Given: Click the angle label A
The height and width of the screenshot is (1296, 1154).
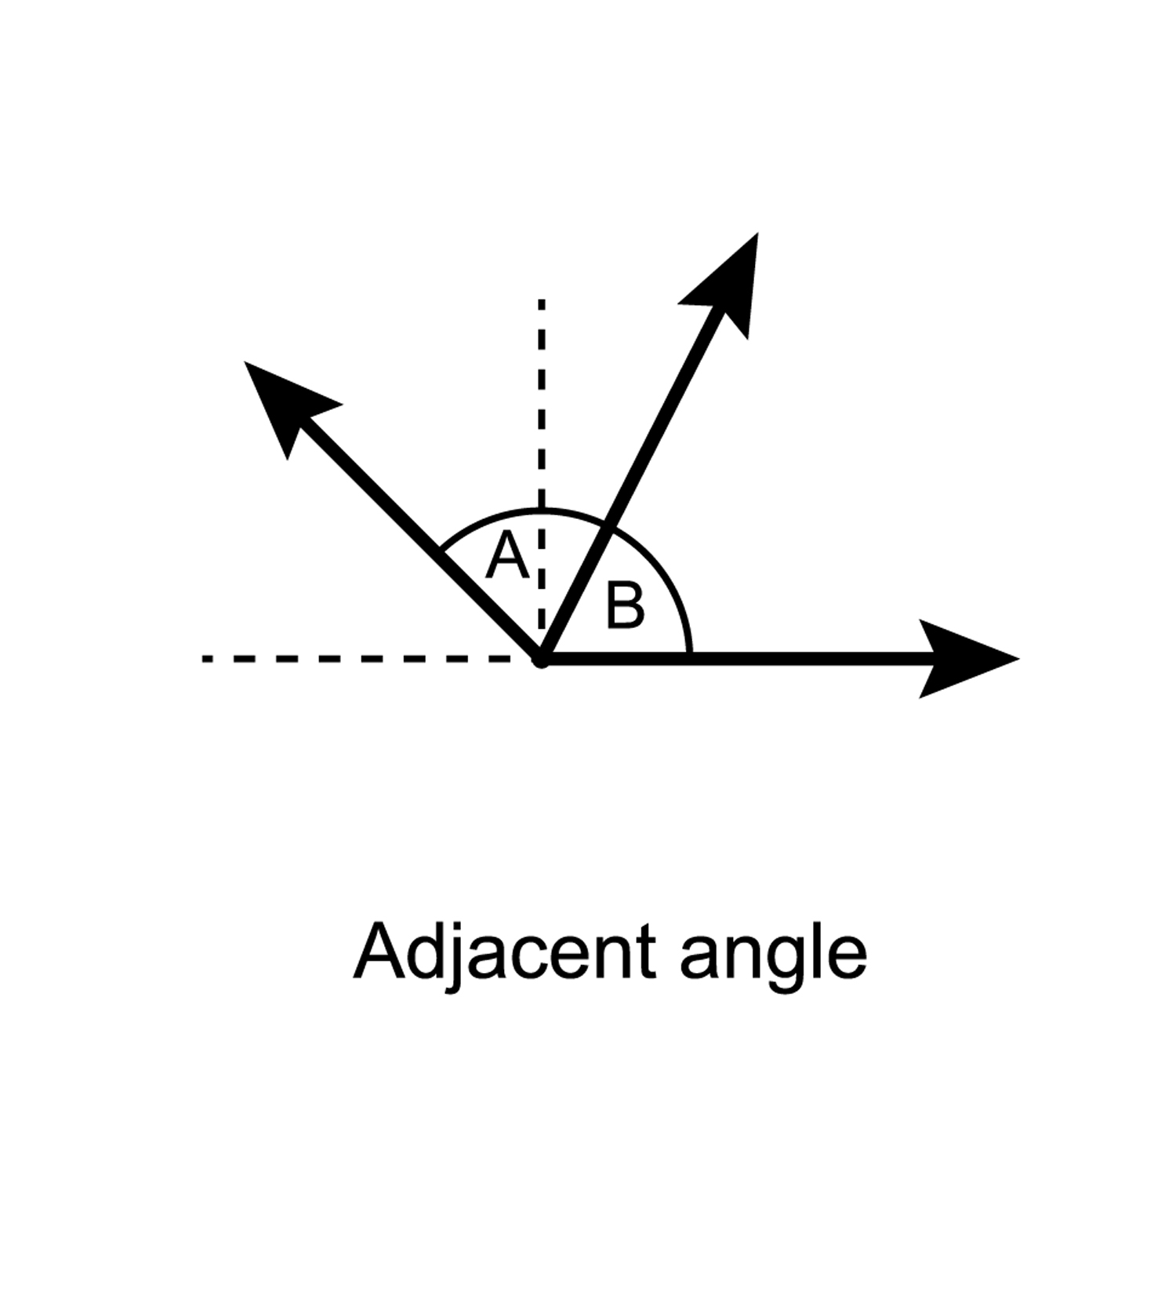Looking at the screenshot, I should tap(506, 555).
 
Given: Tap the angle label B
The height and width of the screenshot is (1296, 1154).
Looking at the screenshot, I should tap(626, 605).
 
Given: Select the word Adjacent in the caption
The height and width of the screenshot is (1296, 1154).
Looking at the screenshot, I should tap(503, 953).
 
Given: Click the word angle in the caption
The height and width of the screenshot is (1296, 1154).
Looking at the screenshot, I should tap(772, 957).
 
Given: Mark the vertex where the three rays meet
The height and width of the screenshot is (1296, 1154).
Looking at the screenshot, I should tap(541, 659).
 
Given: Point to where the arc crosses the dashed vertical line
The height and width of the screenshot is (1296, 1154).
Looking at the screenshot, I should tap(541, 511).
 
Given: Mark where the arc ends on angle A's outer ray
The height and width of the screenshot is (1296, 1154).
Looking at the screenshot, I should tap(441, 547).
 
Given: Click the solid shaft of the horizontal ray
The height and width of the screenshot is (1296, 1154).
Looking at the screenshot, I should tap(784, 659).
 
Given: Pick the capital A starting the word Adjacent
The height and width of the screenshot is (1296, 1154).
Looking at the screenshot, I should tap(382, 951).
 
